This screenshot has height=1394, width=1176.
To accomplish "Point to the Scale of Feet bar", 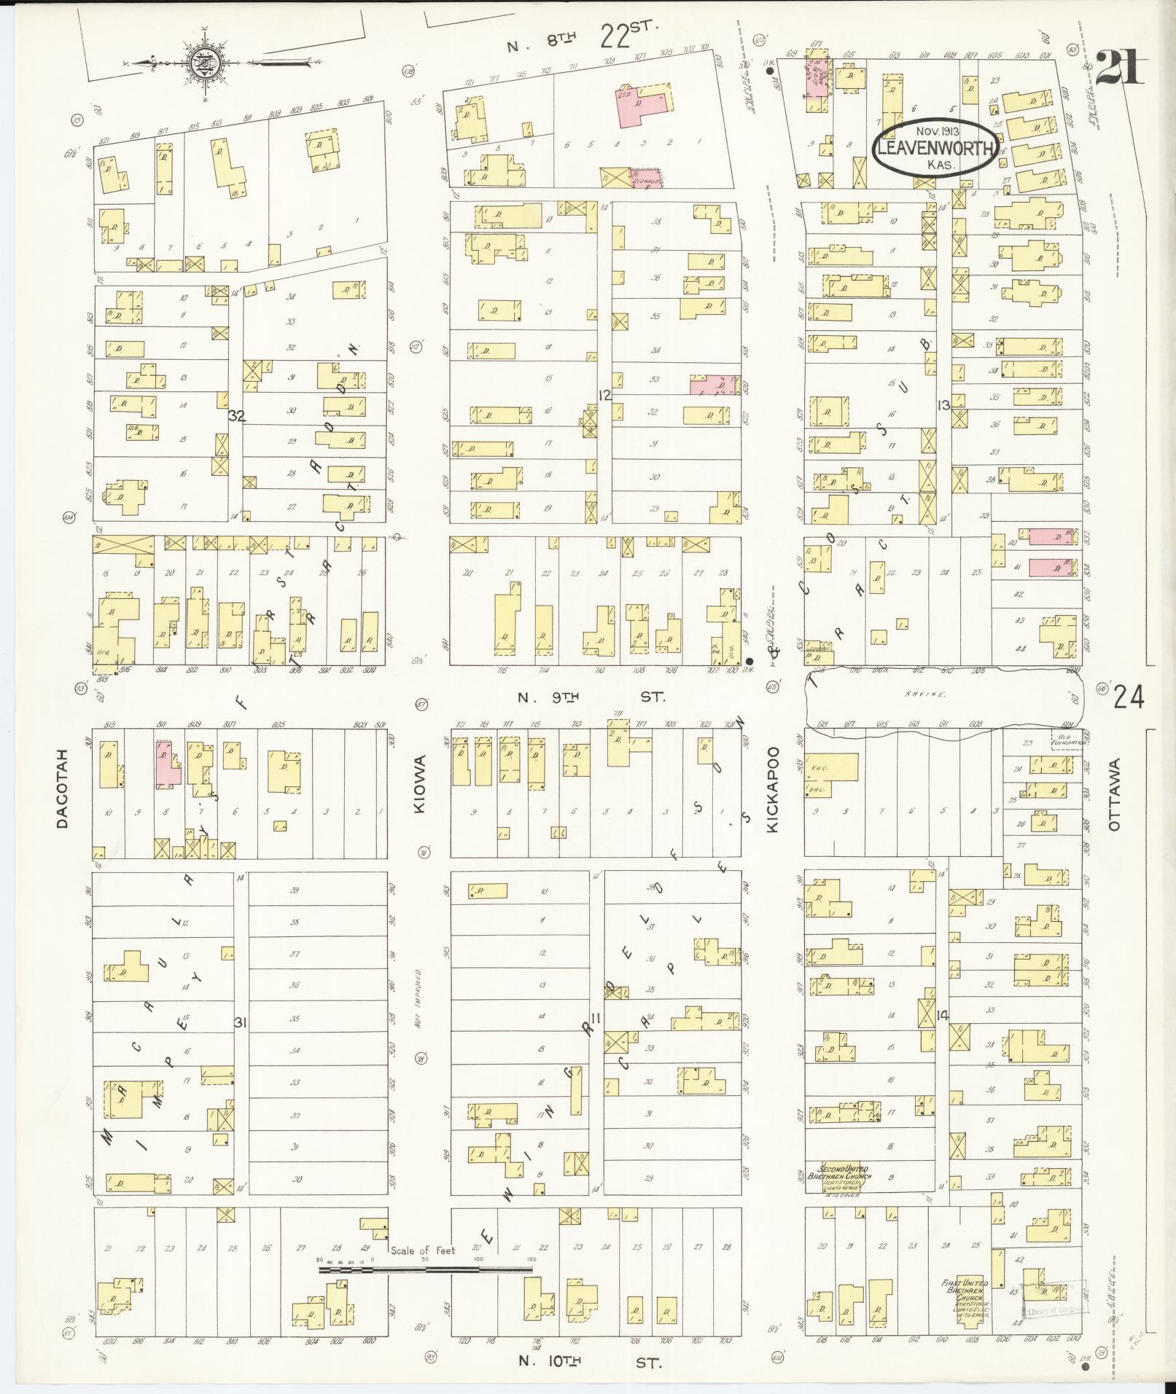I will (x=425, y=1269).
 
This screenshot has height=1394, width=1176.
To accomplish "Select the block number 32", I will (x=235, y=416).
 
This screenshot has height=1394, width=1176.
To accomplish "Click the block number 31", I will (x=240, y=1022).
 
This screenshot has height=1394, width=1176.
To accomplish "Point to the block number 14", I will (x=943, y=1014).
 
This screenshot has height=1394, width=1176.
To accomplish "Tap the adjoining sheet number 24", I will (x=1128, y=697).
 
